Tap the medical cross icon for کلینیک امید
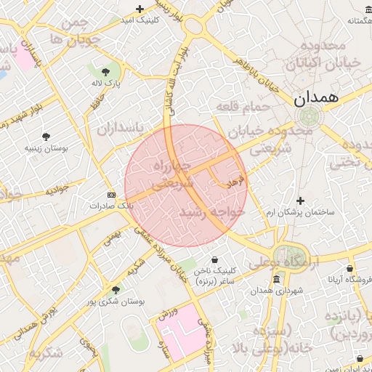[140, 9]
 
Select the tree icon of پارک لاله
[106, 71]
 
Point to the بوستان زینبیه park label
[46, 147]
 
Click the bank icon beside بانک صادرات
[111, 195]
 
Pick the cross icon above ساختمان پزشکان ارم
[300, 200]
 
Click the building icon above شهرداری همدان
[276, 280]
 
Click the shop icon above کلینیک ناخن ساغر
[214, 259]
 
